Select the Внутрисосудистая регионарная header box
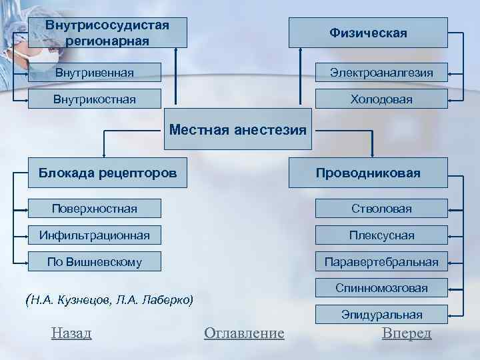tap(107, 33)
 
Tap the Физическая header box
tap(368, 33)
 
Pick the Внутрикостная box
tap(95, 99)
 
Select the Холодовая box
tap(381, 99)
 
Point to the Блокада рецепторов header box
tap(107, 173)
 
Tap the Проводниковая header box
tap(368, 173)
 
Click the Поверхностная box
tap(95, 209)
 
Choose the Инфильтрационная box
tap(95, 235)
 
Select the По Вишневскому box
tap(95, 262)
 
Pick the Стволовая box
tap(381, 209)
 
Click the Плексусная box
tap(381, 235)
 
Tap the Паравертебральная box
tap(381, 262)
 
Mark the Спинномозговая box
tap(381, 288)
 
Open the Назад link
tap(71, 333)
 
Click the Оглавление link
tap(244, 333)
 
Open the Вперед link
tap(407, 333)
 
